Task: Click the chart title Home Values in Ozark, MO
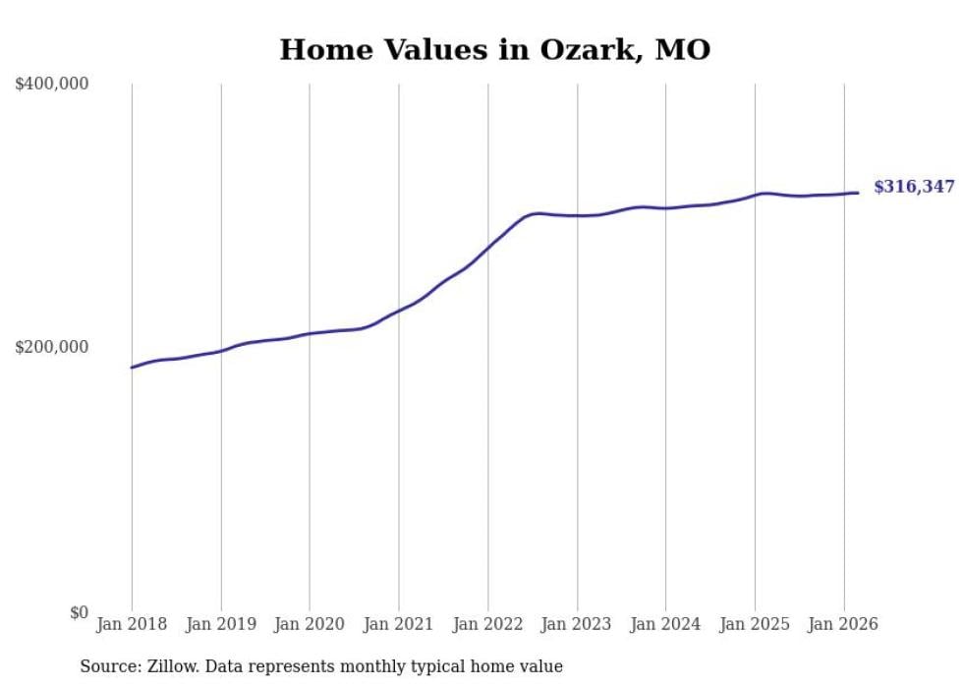[494, 50]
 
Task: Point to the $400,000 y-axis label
[52, 85]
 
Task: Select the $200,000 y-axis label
[52, 348]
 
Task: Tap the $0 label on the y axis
[78, 613]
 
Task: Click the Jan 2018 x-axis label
[132, 624]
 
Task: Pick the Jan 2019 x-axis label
[221, 624]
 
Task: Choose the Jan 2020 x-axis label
[310, 624]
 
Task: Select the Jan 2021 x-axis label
[399, 624]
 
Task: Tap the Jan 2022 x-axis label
[487, 624]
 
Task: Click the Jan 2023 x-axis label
[577, 624]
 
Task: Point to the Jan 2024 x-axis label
[665, 624]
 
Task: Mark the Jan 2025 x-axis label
[755, 624]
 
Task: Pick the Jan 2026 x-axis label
[843, 624]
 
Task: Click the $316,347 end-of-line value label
[913, 187]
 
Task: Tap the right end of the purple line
[858, 193]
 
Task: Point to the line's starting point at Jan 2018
[132, 368]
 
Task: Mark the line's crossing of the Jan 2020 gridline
[310, 333]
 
